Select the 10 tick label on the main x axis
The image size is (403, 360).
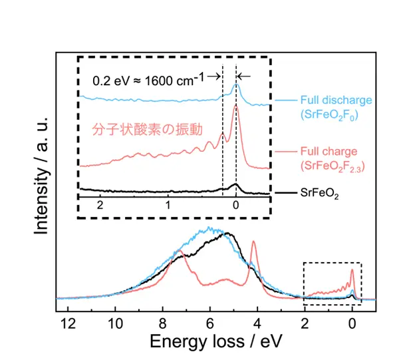click(x=115, y=323)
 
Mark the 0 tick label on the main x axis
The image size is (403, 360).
click(x=352, y=323)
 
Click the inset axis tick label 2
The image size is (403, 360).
click(x=101, y=206)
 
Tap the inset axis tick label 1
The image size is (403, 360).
click(x=169, y=206)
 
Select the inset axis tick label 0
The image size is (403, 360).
click(x=236, y=206)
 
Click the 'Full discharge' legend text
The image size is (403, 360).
click(x=336, y=100)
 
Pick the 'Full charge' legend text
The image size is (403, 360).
click(x=329, y=151)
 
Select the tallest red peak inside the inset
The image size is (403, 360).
click(x=236, y=105)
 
